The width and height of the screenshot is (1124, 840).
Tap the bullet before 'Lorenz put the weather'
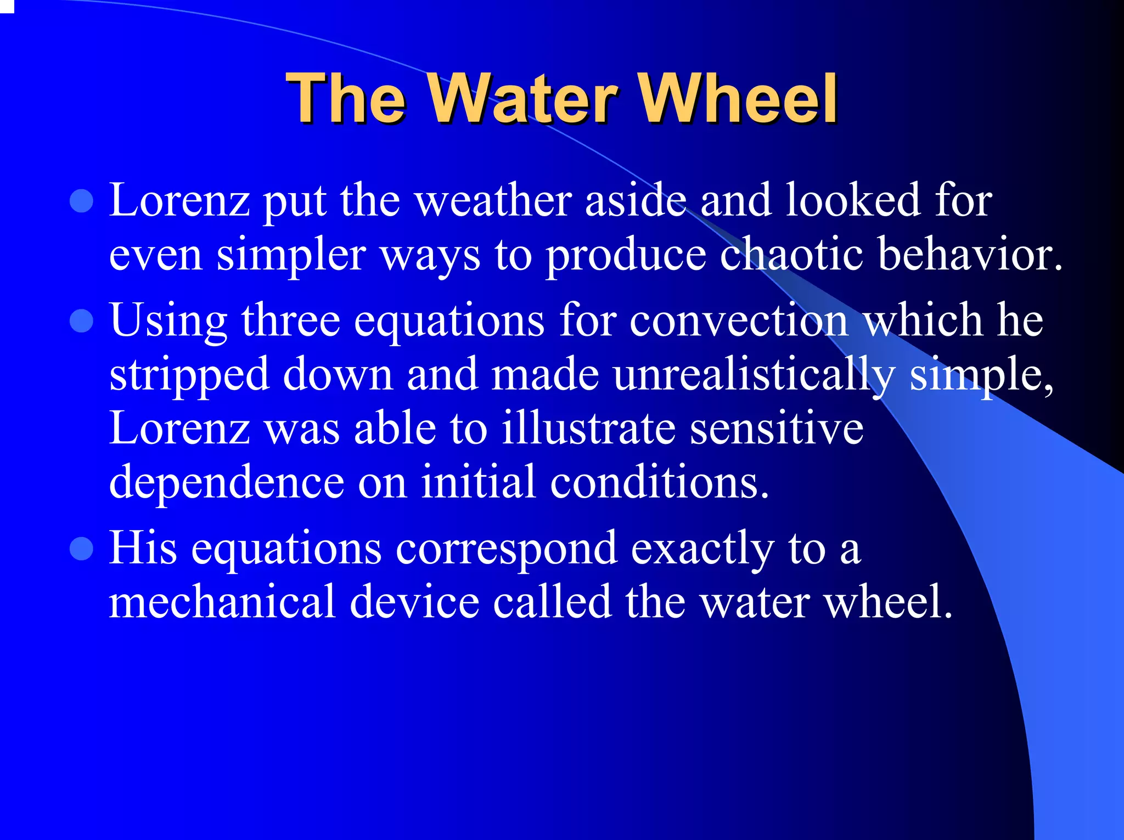[82, 201]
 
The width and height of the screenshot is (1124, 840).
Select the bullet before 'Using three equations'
[82, 322]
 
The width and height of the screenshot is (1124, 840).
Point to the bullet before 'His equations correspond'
[82, 549]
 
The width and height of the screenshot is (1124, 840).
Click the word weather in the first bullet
[493, 201]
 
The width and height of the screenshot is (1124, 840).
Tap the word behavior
[969, 255]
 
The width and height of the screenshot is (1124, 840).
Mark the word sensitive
[777, 429]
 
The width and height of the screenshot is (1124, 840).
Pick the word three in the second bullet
[290, 322]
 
